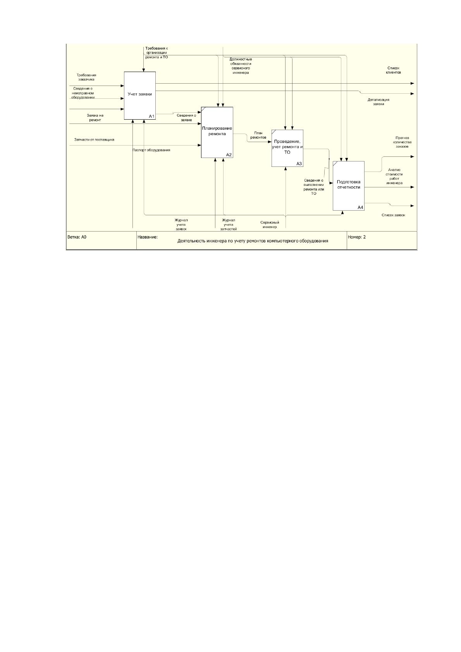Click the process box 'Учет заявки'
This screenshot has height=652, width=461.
coord(140,96)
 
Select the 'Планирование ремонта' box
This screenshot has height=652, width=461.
coord(217,132)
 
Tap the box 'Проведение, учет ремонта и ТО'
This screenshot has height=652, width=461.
coord(287,148)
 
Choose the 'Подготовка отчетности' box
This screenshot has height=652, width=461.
coord(349,186)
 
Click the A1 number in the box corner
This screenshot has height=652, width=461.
coord(152,117)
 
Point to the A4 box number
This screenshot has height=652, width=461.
coord(361,208)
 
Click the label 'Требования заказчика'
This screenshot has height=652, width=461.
coord(86,77)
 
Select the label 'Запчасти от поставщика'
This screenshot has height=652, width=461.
coord(95,140)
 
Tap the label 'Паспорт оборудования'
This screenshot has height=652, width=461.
coord(151,150)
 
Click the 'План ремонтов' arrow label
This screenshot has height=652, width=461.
coord(258,135)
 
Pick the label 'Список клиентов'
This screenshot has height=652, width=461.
coord(394,70)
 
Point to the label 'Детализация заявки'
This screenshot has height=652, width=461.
coord(378,102)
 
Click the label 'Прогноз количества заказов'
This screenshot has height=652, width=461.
coord(402,142)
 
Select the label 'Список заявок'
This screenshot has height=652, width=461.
coord(394,215)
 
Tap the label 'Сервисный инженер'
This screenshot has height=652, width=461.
coord(270,225)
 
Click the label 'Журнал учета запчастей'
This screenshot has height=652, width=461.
coord(229,225)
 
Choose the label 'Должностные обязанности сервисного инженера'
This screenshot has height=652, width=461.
coord(241,66)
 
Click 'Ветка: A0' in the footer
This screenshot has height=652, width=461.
coord(77,237)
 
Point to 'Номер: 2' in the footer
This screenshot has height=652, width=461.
coord(357,237)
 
